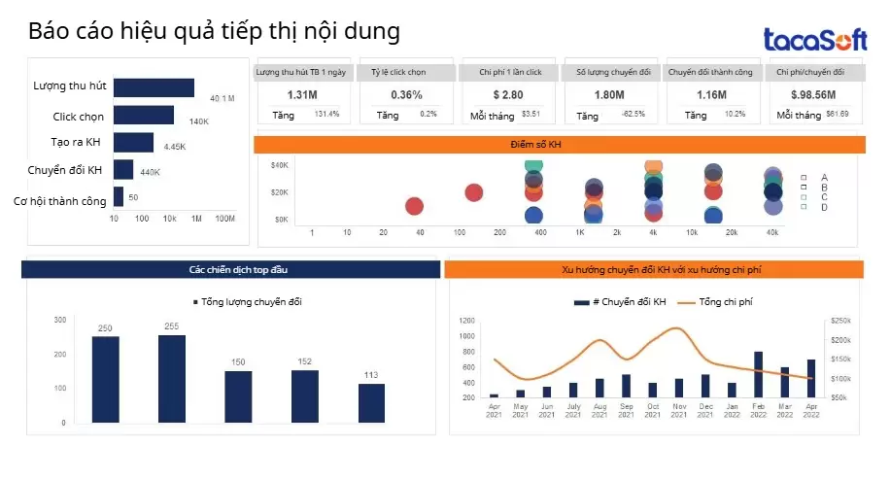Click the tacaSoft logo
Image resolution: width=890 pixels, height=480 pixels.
[x=814, y=40]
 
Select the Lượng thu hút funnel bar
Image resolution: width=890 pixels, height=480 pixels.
[x=154, y=87]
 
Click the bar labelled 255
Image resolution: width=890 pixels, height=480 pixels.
[x=172, y=379]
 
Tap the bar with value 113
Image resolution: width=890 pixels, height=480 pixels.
[x=371, y=402]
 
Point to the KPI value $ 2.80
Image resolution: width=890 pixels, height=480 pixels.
[x=508, y=94]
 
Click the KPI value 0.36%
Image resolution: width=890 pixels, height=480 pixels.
[x=406, y=94]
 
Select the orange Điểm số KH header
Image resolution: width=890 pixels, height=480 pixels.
[x=559, y=145]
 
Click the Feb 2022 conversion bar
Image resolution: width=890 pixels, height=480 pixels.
[x=758, y=375]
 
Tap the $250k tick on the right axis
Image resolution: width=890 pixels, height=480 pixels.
[x=840, y=321]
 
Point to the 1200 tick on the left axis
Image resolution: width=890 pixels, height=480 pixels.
[x=466, y=321]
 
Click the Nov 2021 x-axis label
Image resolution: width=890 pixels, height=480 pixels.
[x=679, y=410]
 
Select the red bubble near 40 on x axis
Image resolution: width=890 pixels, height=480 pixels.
[x=414, y=206]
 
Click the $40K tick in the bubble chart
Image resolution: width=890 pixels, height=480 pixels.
[x=280, y=165]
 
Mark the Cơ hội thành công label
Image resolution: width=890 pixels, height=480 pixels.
[x=59, y=201]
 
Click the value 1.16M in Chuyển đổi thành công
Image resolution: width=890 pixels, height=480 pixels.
[x=712, y=94]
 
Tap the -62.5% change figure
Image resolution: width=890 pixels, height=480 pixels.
[x=633, y=115]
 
